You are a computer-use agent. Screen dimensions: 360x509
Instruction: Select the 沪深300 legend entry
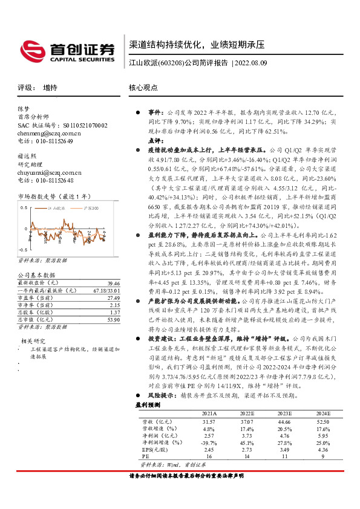click(x=91, y=207)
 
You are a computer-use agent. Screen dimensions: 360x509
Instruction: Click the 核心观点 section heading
click(x=143, y=88)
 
